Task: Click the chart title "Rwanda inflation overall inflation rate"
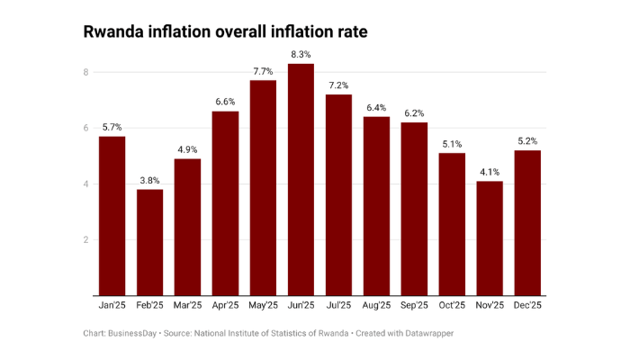pos(225,31)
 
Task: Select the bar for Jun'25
pos(301,180)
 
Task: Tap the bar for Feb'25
pos(149,242)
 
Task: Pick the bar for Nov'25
pos(490,238)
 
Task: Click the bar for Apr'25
pos(225,203)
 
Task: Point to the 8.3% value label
pos(301,55)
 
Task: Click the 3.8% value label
pos(149,181)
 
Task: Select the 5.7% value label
pos(112,128)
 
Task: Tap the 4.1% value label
pos(490,173)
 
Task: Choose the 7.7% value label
pos(263,72)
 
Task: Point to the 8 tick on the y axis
pos(85,72)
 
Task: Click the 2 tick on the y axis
pos(85,240)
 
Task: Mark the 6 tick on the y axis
pos(85,129)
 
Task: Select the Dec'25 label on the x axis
pos(527,306)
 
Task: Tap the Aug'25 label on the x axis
pos(376,306)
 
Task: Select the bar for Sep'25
pos(414,209)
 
